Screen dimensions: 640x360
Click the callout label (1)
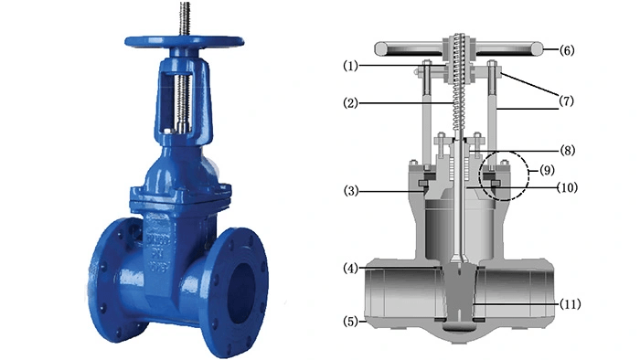(350, 66)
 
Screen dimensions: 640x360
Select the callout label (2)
(350, 103)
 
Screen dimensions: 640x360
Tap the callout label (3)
(350, 191)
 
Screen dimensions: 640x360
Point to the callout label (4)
(350, 269)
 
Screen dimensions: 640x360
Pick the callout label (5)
(350, 322)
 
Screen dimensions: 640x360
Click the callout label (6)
(567, 50)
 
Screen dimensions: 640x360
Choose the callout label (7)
(566, 101)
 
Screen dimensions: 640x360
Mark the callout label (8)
(568, 151)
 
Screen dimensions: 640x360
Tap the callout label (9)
(547, 170)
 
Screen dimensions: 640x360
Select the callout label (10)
(568, 187)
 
